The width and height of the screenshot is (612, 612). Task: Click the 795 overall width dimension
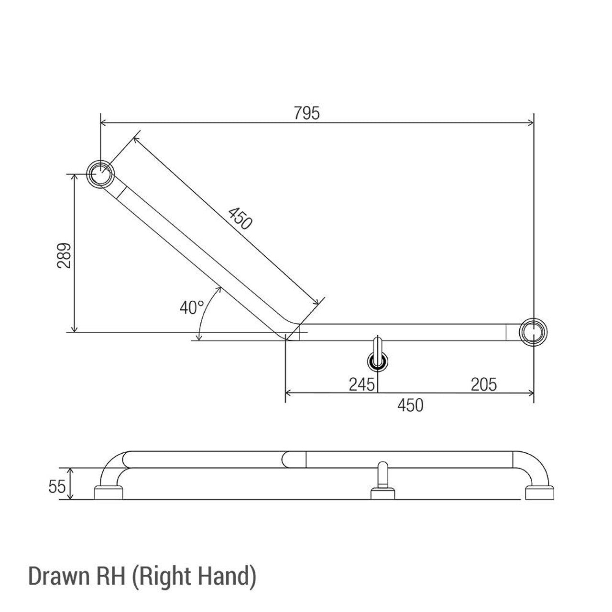[x=306, y=114]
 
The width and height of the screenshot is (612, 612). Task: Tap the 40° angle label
[x=192, y=308]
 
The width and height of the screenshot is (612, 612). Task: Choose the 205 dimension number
[x=483, y=384]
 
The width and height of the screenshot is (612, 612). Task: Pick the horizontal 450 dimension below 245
[x=410, y=405]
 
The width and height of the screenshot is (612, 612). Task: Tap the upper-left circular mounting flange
[x=100, y=173]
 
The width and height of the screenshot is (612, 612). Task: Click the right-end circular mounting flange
[x=533, y=331]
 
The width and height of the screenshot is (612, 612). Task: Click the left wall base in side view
[x=109, y=493]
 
